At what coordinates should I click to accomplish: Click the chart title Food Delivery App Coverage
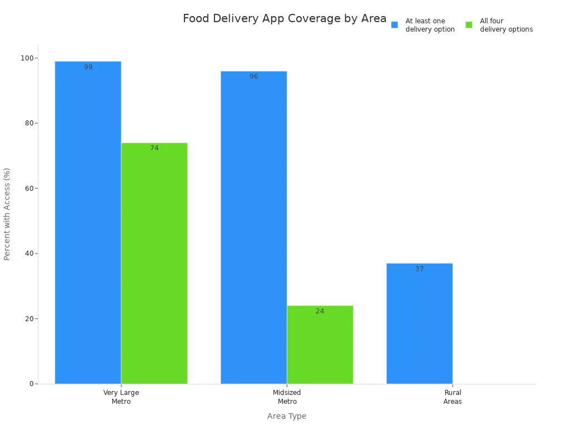pyautogui.click(x=284, y=19)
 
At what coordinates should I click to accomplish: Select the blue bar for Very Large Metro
pyautogui.click(x=88, y=222)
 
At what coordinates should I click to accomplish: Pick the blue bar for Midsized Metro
pyautogui.click(x=253, y=227)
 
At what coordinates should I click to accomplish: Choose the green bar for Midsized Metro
pyautogui.click(x=320, y=344)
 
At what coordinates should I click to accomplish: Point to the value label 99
pyautogui.click(x=88, y=67)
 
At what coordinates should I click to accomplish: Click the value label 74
pyautogui.click(x=154, y=148)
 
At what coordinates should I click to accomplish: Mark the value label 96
pyautogui.click(x=253, y=77)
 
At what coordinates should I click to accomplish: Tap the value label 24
pyautogui.click(x=320, y=311)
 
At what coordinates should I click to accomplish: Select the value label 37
pyautogui.click(x=419, y=269)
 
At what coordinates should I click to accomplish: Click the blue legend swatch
pyautogui.click(x=395, y=25)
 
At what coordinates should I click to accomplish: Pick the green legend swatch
pyautogui.click(x=469, y=25)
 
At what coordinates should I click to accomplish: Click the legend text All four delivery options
pyautogui.click(x=506, y=25)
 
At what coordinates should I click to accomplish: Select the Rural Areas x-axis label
pyautogui.click(x=452, y=397)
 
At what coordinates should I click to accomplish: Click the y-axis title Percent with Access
pyautogui.click(x=7, y=214)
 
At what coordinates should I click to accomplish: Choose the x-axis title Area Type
pyautogui.click(x=286, y=416)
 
